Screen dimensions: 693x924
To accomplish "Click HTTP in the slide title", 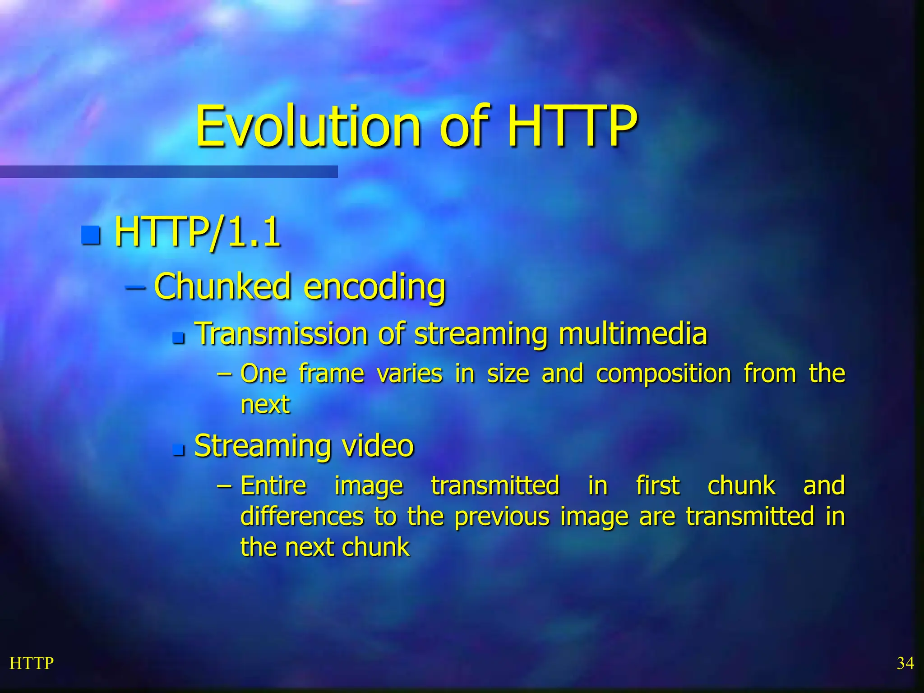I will pos(572,127).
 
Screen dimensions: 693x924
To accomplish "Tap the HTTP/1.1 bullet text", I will pos(197,233).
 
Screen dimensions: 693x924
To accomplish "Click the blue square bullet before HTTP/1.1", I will pos(91,235).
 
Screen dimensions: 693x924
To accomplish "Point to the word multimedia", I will pos(633,334).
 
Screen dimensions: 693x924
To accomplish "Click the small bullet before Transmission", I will pos(179,337).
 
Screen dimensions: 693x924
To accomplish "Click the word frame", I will pos(331,374).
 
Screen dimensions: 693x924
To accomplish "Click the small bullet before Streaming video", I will pos(179,450).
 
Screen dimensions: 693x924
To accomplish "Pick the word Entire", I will pos(273,486).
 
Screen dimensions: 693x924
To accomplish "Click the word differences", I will pos(302,517).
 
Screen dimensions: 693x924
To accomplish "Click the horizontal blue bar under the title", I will pos(169,171).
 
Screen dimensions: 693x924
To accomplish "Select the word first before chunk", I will pos(657,486).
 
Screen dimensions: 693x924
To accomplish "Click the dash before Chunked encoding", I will pos(135,287).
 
